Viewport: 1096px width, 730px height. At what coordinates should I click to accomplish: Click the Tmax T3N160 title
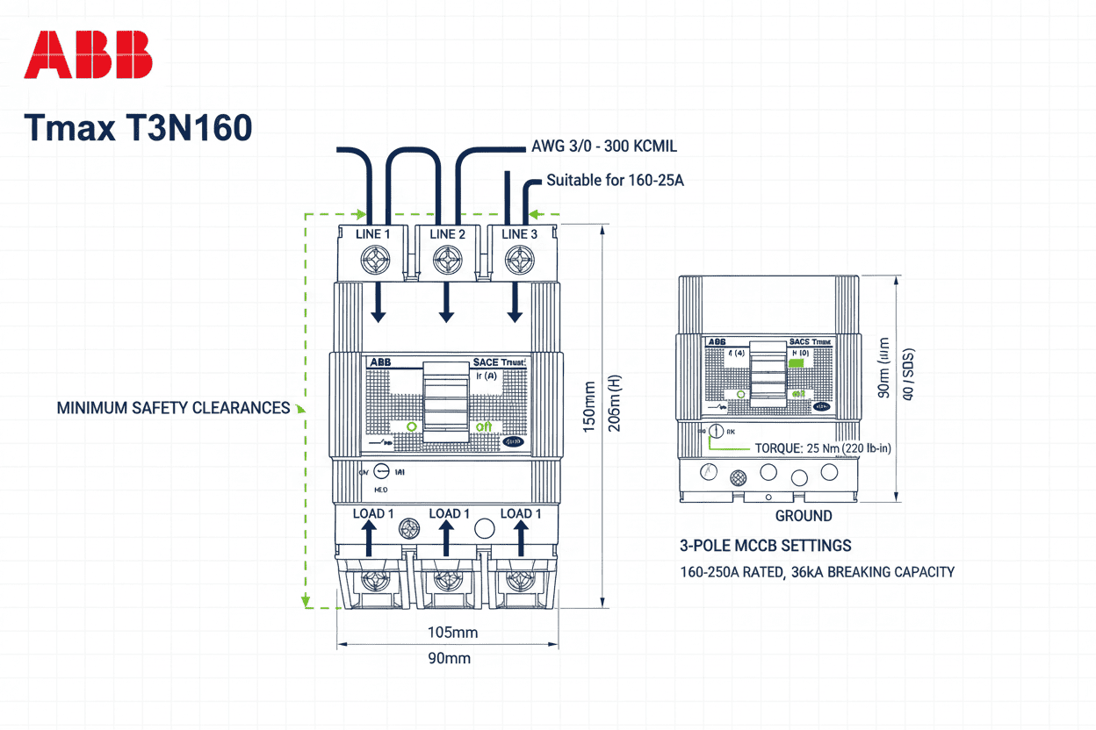pos(139,128)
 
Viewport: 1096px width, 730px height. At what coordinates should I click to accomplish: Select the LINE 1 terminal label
pos(373,234)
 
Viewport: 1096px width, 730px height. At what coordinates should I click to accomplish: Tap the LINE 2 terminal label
pos(447,234)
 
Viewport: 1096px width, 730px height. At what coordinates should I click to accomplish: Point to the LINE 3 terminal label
pos(519,234)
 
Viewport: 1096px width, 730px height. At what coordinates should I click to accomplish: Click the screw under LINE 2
pos(448,261)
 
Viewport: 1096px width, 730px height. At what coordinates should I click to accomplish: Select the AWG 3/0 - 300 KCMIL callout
pos(604,147)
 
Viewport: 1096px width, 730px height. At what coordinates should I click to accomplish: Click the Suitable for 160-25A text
pos(615,181)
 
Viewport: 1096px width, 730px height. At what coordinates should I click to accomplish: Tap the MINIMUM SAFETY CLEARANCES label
pos(173,408)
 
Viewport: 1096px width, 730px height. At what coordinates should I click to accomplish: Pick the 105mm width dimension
pos(451,633)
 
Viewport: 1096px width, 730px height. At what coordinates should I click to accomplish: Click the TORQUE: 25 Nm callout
pos(823,448)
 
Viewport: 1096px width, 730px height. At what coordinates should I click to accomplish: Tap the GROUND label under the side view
pos(803,516)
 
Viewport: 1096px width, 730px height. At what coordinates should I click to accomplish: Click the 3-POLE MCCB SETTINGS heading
pos(765,546)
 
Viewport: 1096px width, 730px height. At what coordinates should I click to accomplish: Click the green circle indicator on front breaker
pos(410,426)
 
